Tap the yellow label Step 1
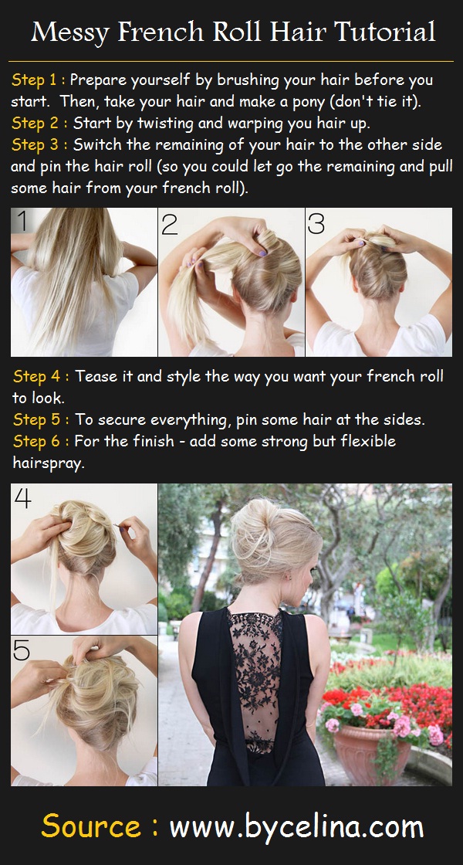[x=35, y=80]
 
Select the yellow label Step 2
[x=35, y=123]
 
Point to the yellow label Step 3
[x=35, y=145]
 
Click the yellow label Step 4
[x=35, y=376]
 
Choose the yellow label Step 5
[x=35, y=419]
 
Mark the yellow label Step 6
[x=35, y=441]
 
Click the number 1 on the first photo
[x=23, y=222]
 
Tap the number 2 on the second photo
[x=170, y=224]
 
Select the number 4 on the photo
[x=23, y=500]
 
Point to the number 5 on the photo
[x=22, y=650]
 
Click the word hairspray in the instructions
[x=48, y=463]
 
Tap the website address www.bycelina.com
[x=296, y=826]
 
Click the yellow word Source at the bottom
[x=91, y=826]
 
